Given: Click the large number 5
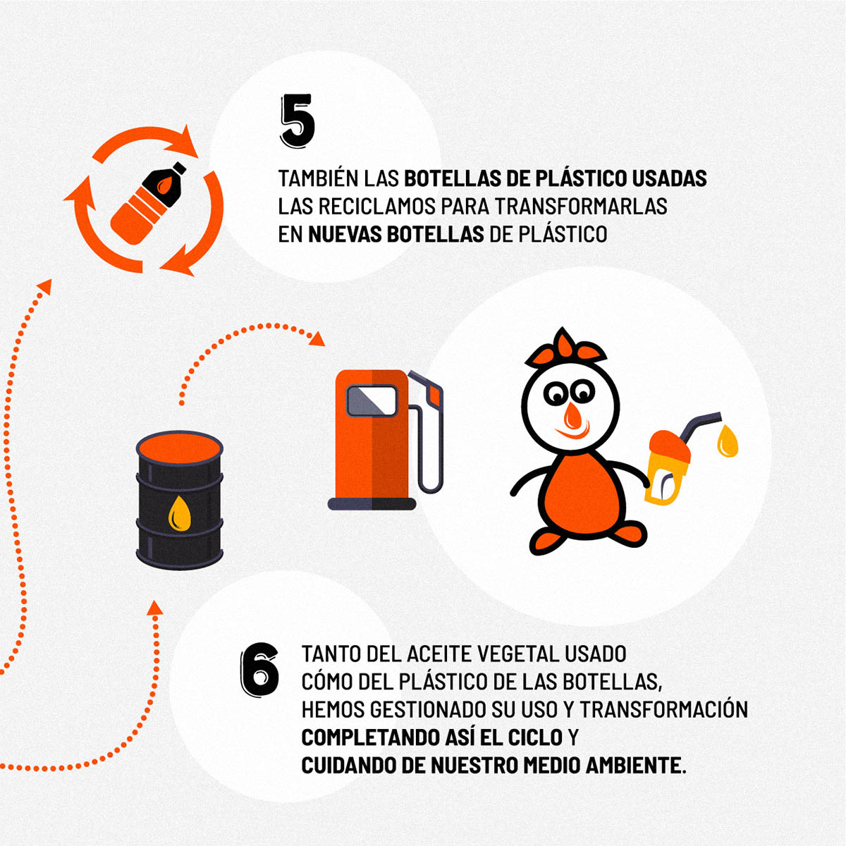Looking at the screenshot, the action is [x=298, y=120].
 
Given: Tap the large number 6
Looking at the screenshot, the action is [x=259, y=669].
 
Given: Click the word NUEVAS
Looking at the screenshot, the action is [x=345, y=235].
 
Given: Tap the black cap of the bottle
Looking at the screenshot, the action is [x=178, y=168].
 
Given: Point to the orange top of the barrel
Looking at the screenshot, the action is [x=180, y=448].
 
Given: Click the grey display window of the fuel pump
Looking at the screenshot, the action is [x=372, y=401].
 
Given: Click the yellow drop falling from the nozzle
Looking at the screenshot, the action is [x=728, y=441].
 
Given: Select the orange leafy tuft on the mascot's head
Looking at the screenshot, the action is [x=565, y=348].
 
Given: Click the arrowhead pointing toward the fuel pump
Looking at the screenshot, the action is [x=317, y=339].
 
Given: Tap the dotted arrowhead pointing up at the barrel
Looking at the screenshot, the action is [x=154, y=608].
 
